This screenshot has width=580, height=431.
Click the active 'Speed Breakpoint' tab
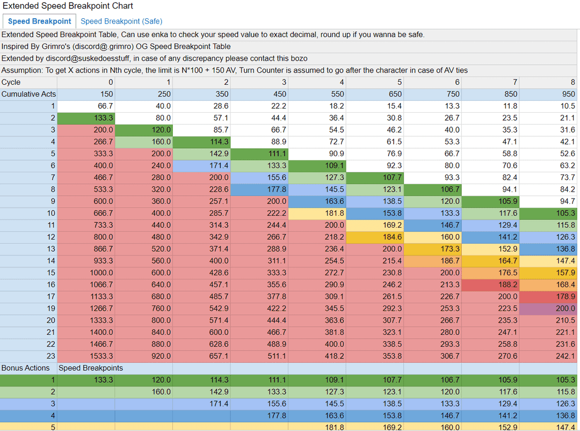coord(39,21)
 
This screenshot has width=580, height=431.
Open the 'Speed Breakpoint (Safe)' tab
coord(121,21)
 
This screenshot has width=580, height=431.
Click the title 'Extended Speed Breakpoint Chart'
coord(68,6)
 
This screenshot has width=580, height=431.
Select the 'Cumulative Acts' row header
coord(28,94)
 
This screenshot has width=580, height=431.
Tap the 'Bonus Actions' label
coord(25,368)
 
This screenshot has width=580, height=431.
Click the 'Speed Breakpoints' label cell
coord(91,368)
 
